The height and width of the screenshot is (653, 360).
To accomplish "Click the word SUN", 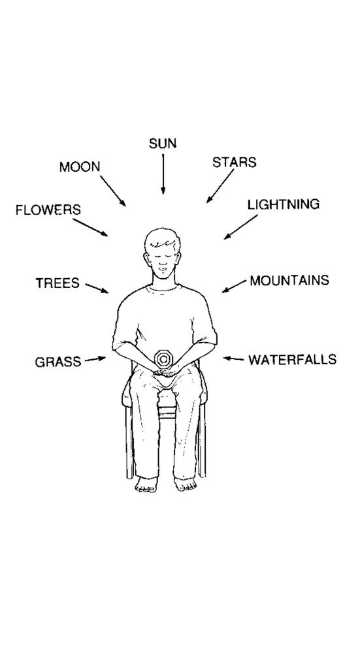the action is (x=163, y=144).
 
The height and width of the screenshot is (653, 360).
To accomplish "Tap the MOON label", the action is (x=80, y=167).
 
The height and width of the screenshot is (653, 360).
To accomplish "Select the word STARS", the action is (x=234, y=163).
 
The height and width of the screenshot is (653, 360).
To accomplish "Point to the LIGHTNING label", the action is (x=284, y=204).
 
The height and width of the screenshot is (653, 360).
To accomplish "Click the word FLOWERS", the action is (x=48, y=210).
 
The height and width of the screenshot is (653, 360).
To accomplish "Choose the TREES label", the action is (x=57, y=283).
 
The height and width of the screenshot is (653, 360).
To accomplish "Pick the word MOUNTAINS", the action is (x=289, y=281).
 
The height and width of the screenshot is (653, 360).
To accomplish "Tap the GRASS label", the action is (x=58, y=362).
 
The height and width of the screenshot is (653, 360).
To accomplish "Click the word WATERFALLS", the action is (x=293, y=359).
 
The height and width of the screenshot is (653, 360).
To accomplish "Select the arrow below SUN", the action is (x=163, y=174).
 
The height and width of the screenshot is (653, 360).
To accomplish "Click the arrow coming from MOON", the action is (x=113, y=191).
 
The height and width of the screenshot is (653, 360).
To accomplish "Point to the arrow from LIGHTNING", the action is (x=240, y=227).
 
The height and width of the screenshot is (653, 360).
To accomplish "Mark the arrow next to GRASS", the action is (x=95, y=359).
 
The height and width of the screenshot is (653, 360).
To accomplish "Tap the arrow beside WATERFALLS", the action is (x=234, y=358).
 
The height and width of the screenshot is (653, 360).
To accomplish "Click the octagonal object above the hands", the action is (x=161, y=358).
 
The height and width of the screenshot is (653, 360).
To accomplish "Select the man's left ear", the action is (x=146, y=259).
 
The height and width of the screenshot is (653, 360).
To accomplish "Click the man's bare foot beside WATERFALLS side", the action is (x=186, y=485).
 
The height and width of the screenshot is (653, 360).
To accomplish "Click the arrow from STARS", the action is (x=220, y=185).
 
